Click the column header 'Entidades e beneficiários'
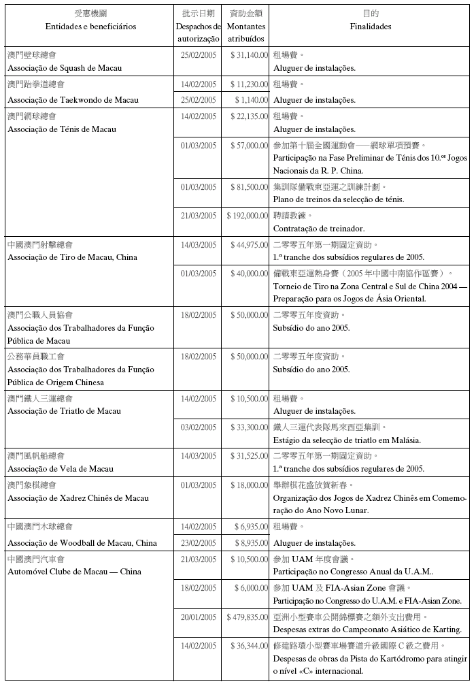90,27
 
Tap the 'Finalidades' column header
370,27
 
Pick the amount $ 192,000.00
247,215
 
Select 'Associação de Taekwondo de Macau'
73,100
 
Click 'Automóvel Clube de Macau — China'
74,572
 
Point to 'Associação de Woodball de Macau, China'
82,543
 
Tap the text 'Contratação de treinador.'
319,229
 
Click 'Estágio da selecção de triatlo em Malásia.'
347,440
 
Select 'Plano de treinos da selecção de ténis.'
339,199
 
